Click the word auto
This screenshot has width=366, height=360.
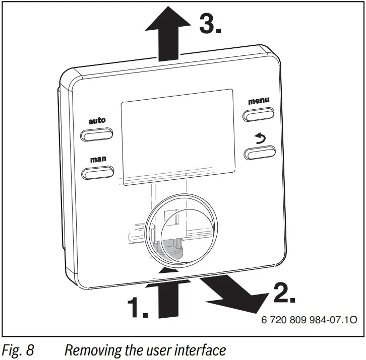coord(97,121)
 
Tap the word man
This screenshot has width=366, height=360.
coord(98,159)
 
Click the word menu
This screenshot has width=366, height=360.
coord(259,101)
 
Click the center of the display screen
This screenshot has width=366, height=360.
coord(177,133)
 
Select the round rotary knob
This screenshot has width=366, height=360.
coord(172,227)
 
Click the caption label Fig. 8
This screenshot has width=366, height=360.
coord(18,349)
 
